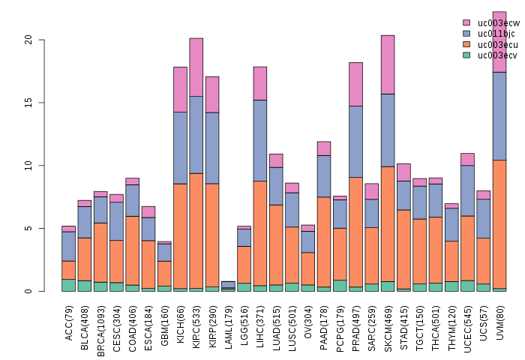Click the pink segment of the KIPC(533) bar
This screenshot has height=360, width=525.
[196, 67]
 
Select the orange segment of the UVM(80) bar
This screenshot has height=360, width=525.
[499, 224]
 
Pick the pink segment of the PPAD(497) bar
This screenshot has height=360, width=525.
[355, 84]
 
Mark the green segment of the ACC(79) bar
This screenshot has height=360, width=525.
[68, 285]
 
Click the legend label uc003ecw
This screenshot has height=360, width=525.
[498, 23]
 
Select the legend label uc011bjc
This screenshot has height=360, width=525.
[497, 34]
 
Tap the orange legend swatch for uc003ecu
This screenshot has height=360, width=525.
[466, 44]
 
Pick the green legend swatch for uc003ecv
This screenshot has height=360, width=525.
[466, 55]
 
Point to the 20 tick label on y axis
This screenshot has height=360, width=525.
[28, 40]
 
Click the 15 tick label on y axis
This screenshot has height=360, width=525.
[28, 103]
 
